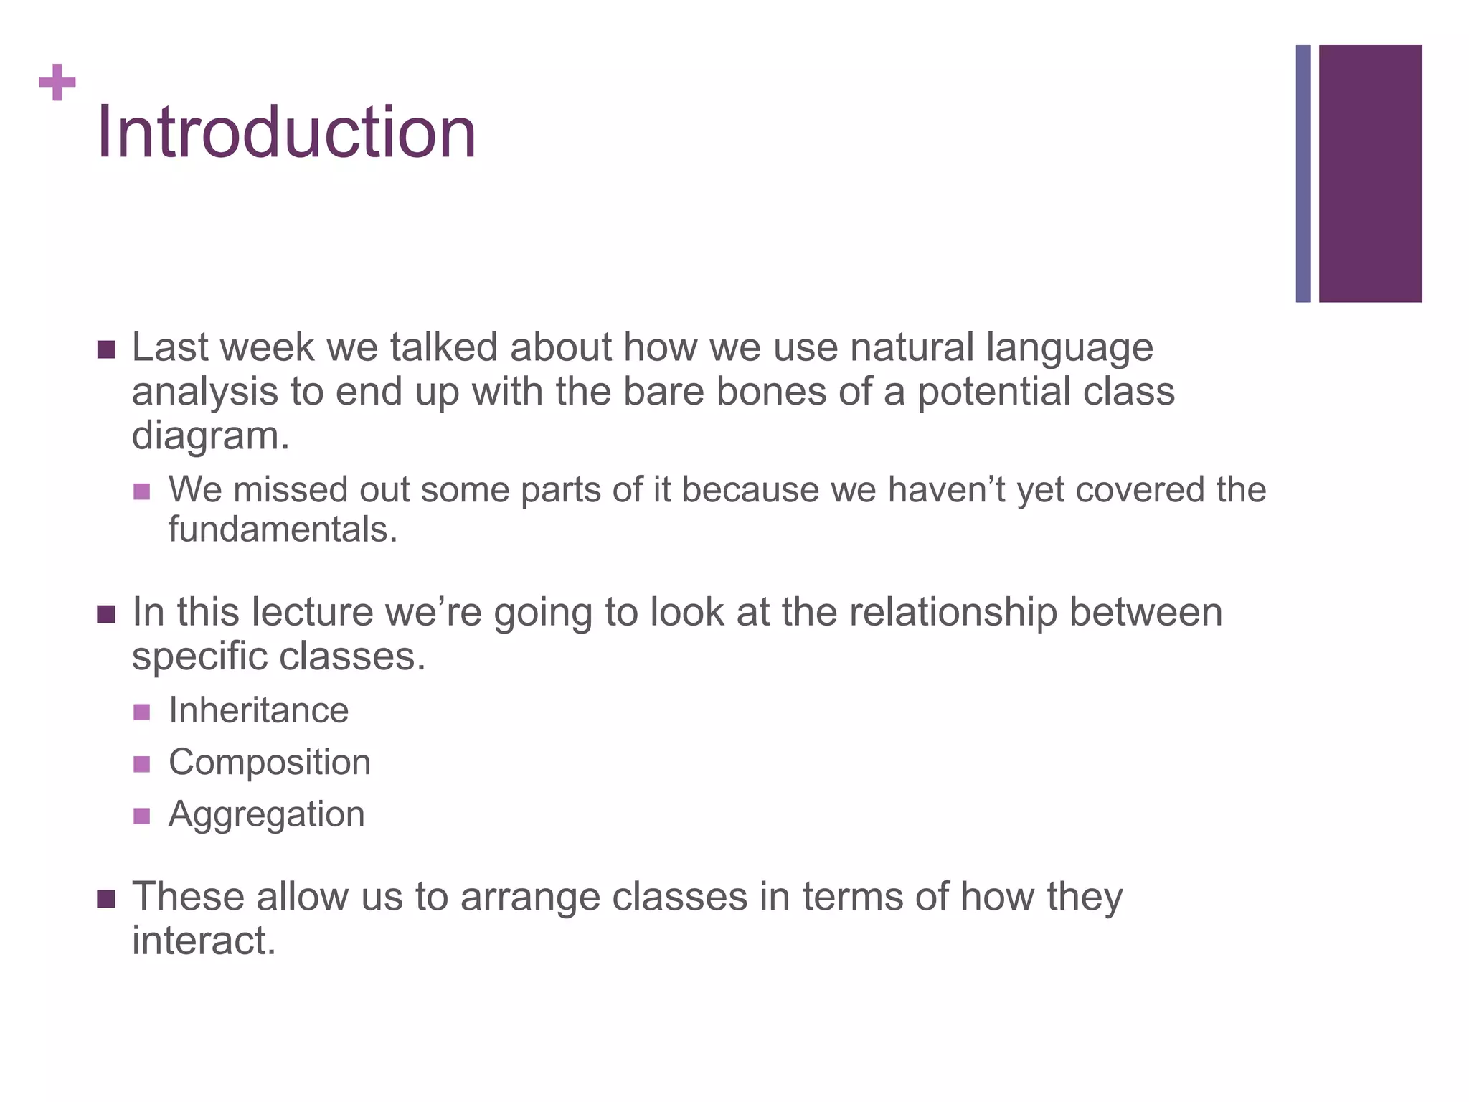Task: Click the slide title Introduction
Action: pyautogui.click(x=286, y=132)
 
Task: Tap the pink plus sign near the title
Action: pyautogui.click(x=57, y=83)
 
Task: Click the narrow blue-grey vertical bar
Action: pyautogui.click(x=1303, y=174)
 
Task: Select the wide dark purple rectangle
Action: pyautogui.click(x=1370, y=174)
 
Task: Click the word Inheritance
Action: pyautogui.click(x=258, y=711)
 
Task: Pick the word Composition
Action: pyautogui.click(x=270, y=763)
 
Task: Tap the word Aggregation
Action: pyautogui.click(x=267, y=815)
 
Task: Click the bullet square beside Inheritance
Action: pyautogui.click(x=142, y=712)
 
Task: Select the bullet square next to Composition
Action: pyautogui.click(x=142, y=764)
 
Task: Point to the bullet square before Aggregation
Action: pyautogui.click(x=142, y=816)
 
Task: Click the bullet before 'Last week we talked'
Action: pyautogui.click(x=106, y=350)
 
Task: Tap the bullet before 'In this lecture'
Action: pyautogui.click(x=106, y=615)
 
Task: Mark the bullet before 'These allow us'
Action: pyautogui.click(x=106, y=899)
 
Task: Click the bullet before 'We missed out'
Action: pyautogui.click(x=142, y=491)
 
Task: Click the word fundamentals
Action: pyautogui.click(x=283, y=530)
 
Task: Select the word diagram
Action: pyautogui.click(x=210, y=436)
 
